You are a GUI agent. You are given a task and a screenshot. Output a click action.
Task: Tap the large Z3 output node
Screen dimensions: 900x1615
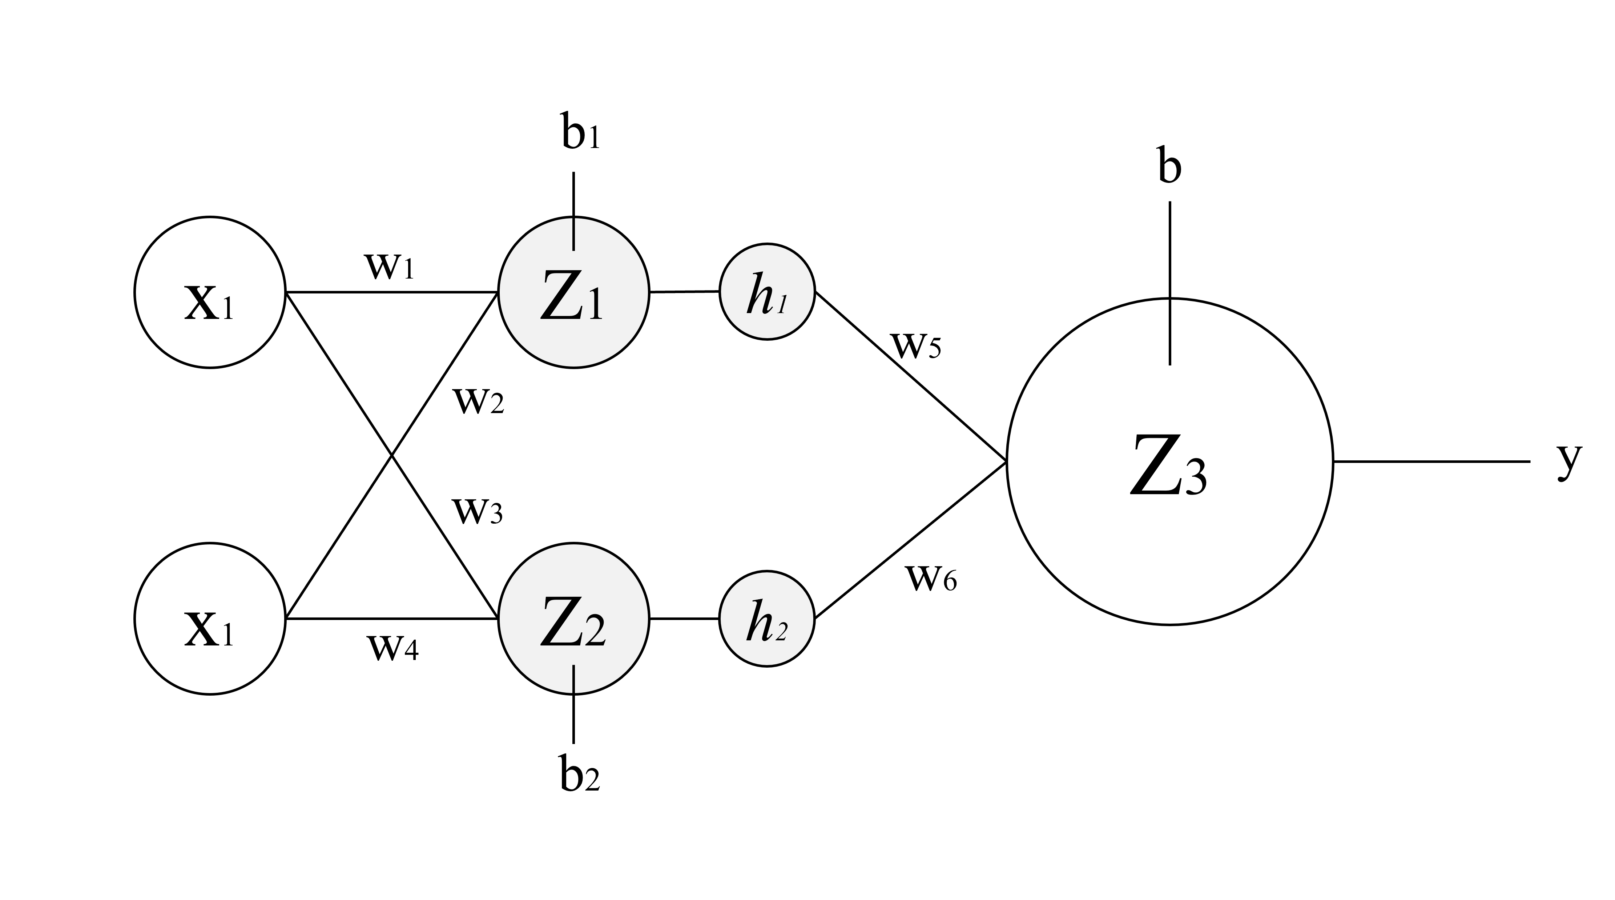coord(1170,461)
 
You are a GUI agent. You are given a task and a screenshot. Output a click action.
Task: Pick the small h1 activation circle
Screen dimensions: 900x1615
coord(767,292)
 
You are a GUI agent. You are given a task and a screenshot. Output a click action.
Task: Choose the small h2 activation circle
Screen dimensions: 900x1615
coord(767,619)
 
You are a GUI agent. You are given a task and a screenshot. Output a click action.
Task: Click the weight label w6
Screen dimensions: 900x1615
coord(931,578)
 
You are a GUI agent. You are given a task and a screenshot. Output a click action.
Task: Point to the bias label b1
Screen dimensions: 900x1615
coord(580,133)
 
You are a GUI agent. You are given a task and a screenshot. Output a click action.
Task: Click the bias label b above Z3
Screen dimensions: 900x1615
coord(1169,168)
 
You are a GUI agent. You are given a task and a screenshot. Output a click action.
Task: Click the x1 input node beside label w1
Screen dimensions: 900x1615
coord(210,292)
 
